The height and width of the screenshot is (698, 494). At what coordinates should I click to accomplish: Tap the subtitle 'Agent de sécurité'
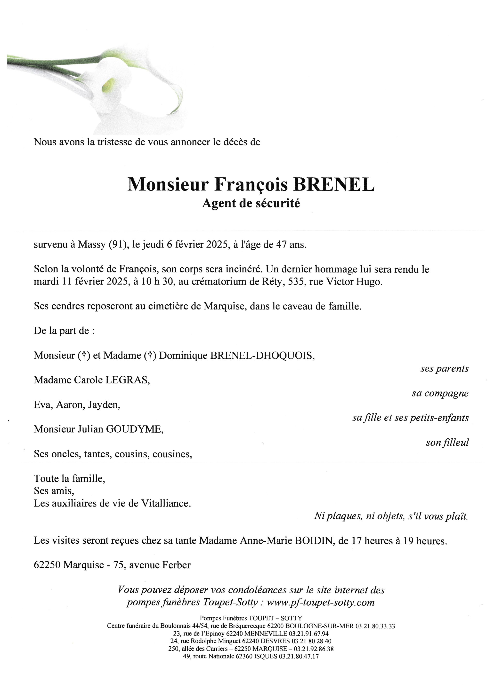point(251,203)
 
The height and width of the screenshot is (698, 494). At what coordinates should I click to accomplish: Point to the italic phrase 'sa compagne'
point(440,393)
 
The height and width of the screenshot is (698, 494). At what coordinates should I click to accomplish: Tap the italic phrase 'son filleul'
point(447,442)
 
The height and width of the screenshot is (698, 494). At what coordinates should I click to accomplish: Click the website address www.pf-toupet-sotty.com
point(320,602)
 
